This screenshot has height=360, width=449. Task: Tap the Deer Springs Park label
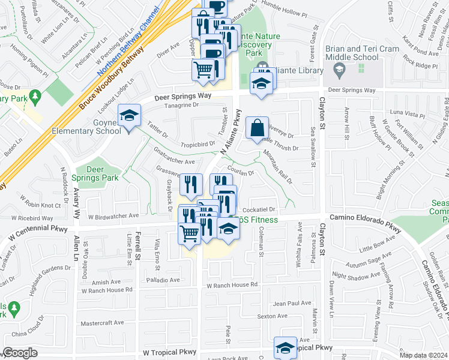[95, 173]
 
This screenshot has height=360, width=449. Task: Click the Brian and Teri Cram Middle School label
[352, 53]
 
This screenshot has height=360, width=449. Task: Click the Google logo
[20, 353]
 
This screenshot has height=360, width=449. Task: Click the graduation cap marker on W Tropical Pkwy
[285, 347]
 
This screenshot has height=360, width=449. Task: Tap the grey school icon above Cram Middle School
[340, 70]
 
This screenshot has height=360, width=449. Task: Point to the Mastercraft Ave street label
[101, 323]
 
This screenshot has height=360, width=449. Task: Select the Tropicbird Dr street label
[198, 144]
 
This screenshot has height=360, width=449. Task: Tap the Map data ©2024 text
[424, 355]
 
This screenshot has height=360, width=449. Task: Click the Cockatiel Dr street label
[259, 209]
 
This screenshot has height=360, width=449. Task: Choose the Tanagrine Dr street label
[181, 106]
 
